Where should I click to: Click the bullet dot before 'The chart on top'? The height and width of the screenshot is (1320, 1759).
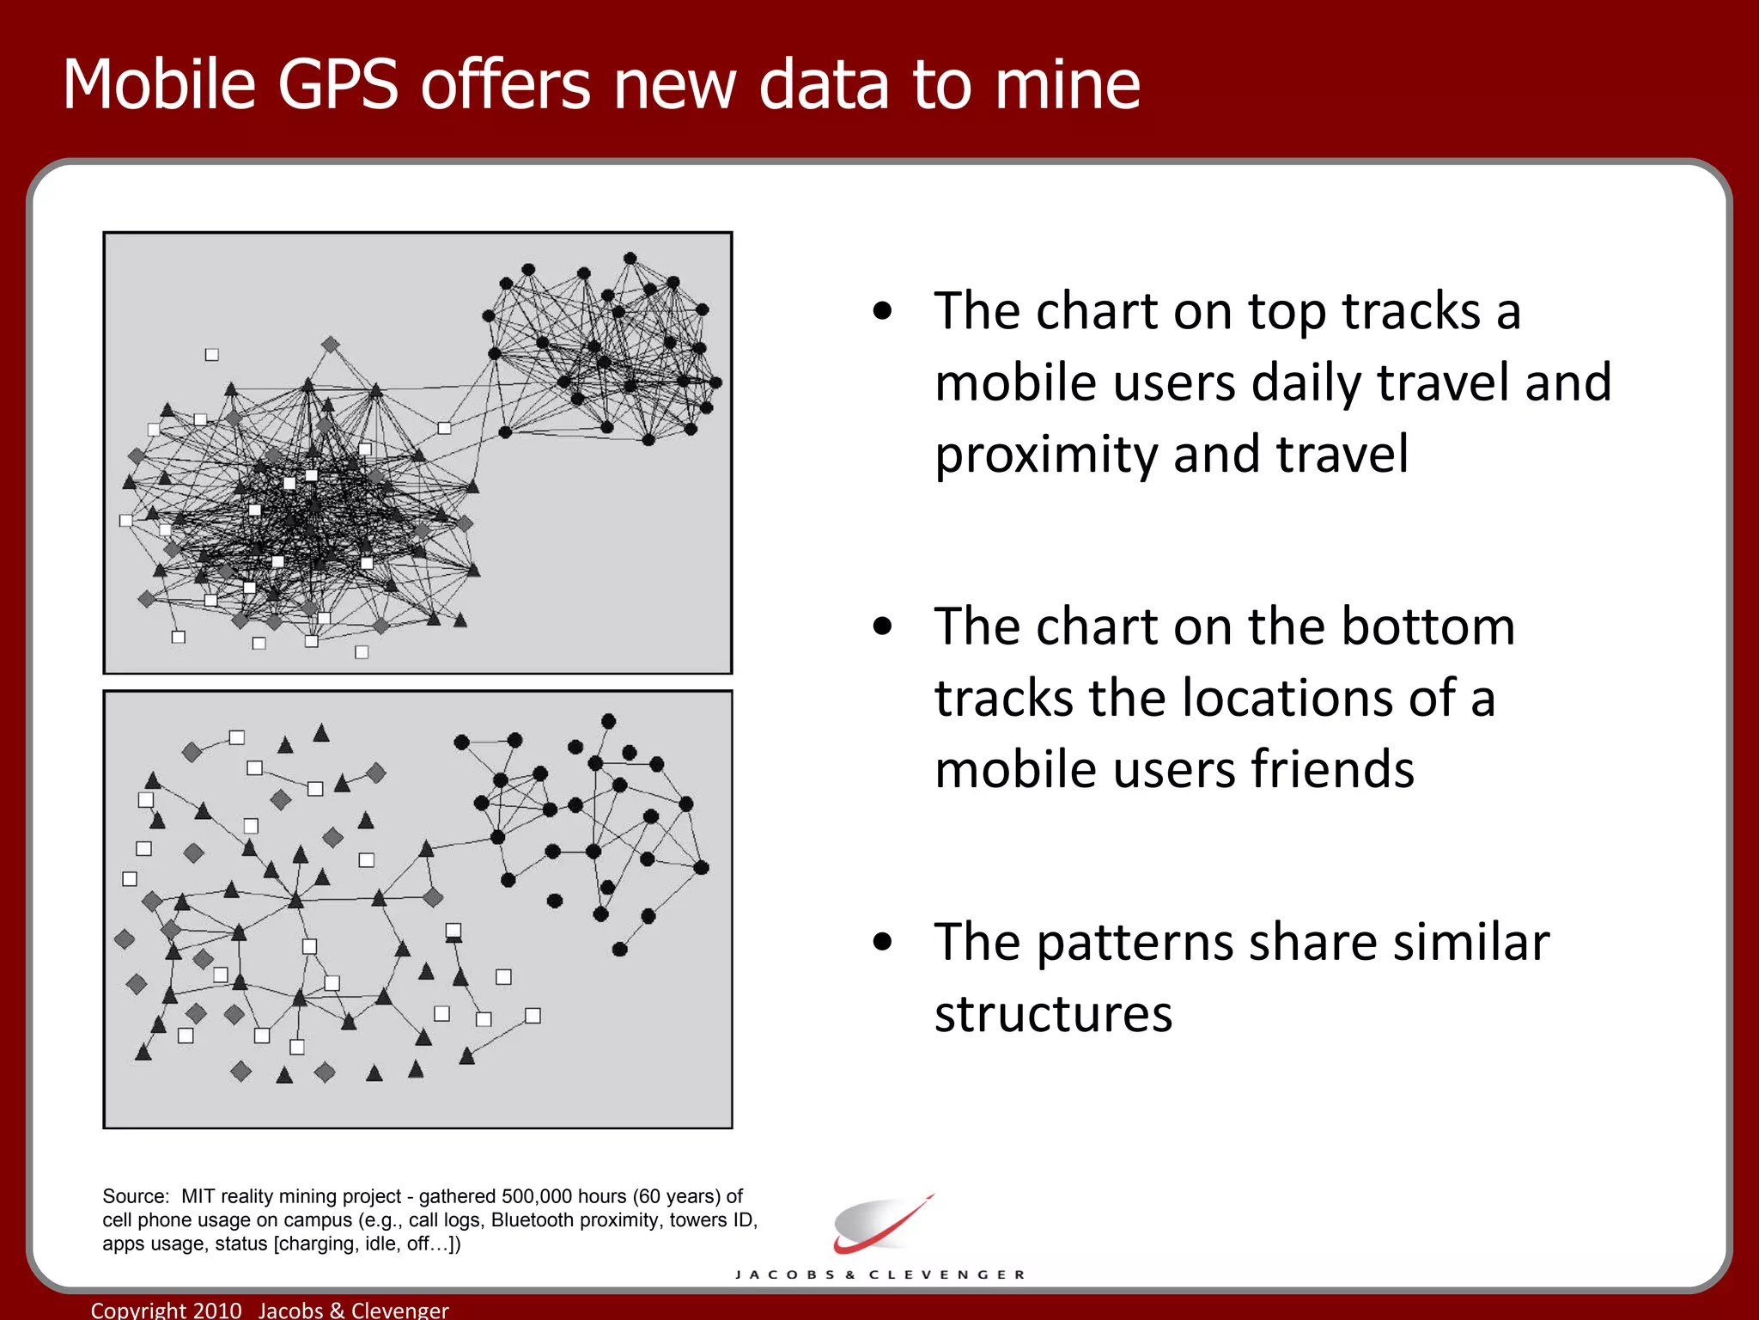tap(882, 311)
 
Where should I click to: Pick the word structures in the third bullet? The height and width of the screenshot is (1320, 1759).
tap(1053, 1014)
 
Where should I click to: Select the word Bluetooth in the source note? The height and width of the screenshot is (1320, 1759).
tap(531, 1220)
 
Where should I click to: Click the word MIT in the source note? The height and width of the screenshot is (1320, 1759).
tap(198, 1196)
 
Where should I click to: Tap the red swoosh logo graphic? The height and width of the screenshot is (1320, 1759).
tap(881, 1224)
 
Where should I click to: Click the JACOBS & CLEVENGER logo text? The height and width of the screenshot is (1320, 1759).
tap(879, 1274)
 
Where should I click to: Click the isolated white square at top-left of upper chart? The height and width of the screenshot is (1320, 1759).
tap(212, 355)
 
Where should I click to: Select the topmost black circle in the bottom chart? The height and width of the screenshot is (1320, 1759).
tap(608, 721)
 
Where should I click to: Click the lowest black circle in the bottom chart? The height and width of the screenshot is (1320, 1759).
tap(619, 949)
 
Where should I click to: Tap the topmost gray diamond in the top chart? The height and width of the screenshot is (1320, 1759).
tap(330, 345)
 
